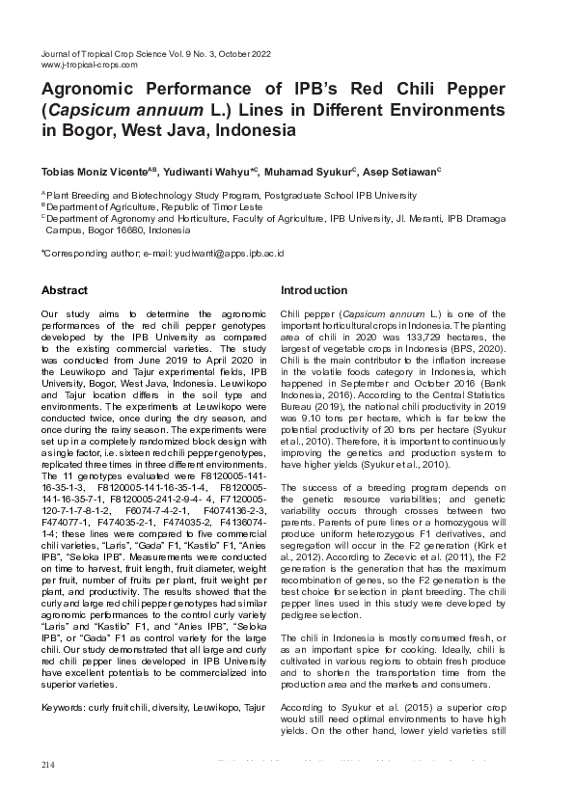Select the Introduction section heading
click(x=314, y=290)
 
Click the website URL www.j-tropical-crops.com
click(x=90, y=65)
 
